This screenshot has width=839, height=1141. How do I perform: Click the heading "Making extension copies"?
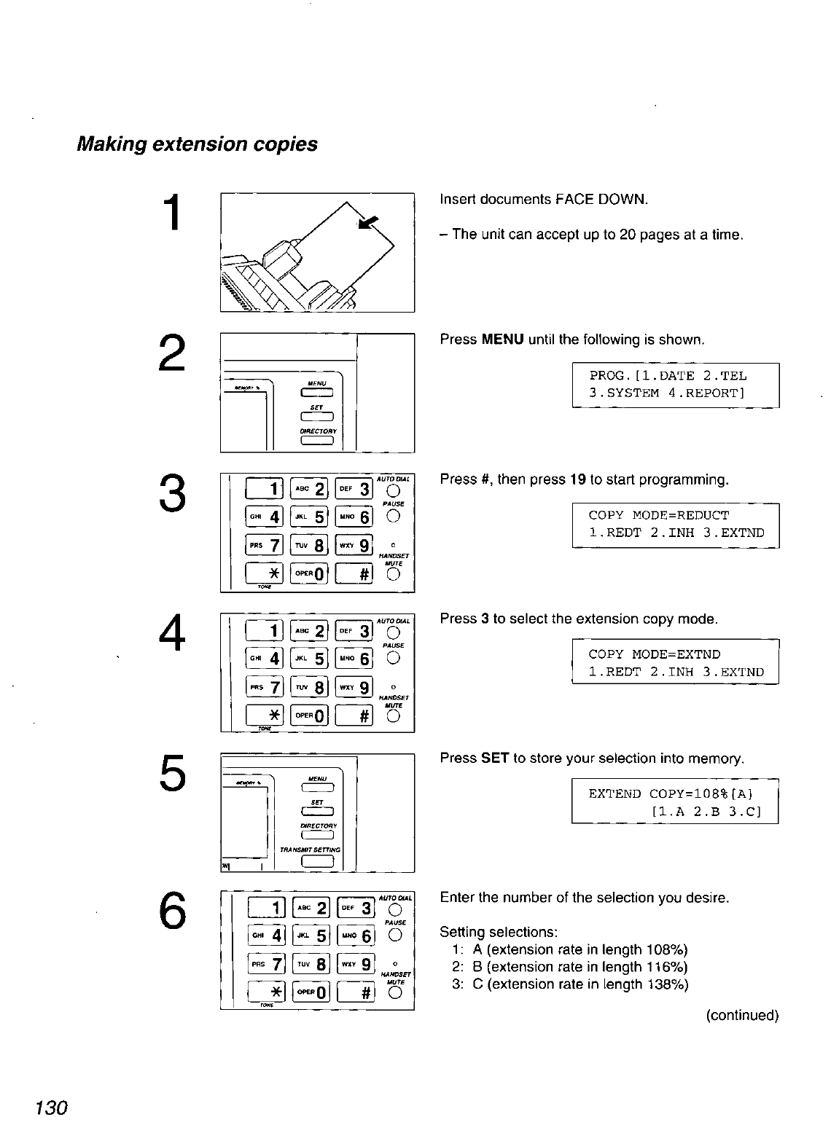tap(197, 144)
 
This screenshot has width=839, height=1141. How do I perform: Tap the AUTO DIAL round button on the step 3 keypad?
tap(394, 489)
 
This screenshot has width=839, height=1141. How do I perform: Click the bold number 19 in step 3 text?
tap(578, 479)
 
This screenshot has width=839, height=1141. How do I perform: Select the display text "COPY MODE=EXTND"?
tap(654, 654)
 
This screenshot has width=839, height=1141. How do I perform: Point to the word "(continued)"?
tap(741, 1015)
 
